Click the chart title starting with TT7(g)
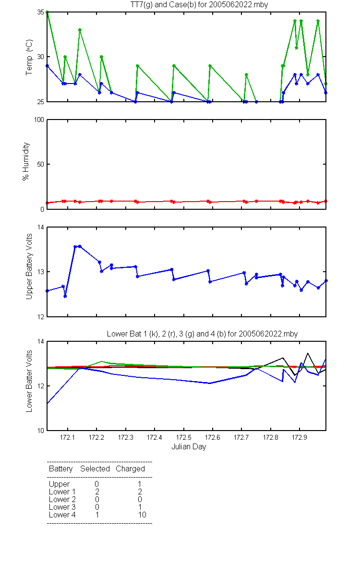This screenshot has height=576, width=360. click(x=199, y=5)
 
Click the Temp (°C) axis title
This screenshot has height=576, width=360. click(x=29, y=57)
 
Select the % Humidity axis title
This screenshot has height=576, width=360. click(x=26, y=161)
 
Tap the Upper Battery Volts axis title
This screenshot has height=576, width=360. click(x=29, y=266)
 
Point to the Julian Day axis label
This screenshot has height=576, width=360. click(x=189, y=447)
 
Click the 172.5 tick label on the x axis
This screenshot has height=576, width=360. click(x=183, y=437)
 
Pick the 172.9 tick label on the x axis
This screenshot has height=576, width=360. click(x=300, y=437)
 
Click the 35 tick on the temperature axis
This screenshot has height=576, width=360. click(x=41, y=12)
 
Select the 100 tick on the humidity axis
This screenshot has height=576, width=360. click(x=39, y=120)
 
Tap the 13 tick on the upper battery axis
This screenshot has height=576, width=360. click(x=41, y=272)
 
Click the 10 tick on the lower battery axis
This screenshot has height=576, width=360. click(x=41, y=431)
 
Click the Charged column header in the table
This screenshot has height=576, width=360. click(x=130, y=469)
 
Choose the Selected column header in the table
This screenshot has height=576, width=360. click(x=95, y=468)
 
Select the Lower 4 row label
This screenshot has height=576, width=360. click(x=62, y=515)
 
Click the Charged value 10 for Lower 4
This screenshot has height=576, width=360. click(x=142, y=515)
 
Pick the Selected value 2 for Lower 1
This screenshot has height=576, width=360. click(x=97, y=492)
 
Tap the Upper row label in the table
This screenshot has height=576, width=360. click(x=59, y=484)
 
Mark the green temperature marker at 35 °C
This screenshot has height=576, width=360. click(x=47, y=12)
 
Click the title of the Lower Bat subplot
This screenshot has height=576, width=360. click(x=202, y=334)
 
